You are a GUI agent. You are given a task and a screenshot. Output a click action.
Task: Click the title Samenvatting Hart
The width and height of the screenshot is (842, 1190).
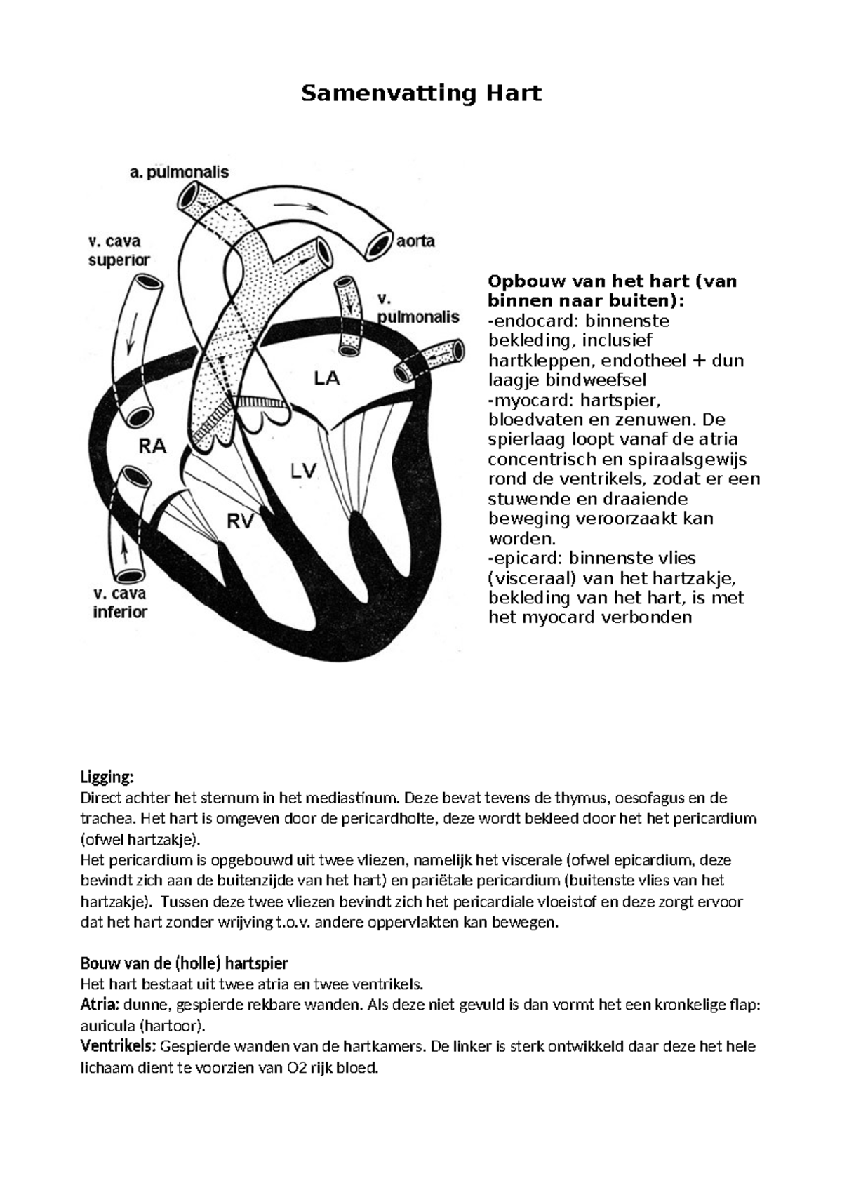pyautogui.click(x=421, y=93)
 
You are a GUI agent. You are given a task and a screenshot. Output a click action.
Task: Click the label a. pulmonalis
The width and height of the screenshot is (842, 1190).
pyautogui.click(x=179, y=172)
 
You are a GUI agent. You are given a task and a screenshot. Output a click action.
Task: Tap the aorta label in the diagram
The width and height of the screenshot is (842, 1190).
pyautogui.click(x=415, y=241)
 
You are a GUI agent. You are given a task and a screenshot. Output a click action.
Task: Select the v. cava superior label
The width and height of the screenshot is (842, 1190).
pyautogui.click(x=119, y=250)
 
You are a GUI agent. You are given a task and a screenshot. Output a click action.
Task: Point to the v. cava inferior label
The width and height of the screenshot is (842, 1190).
pyautogui.click(x=120, y=603)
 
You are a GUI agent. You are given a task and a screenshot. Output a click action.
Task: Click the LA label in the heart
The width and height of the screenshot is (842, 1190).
pyautogui.click(x=326, y=379)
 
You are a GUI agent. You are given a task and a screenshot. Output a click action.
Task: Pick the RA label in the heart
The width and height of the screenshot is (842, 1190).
pyautogui.click(x=152, y=446)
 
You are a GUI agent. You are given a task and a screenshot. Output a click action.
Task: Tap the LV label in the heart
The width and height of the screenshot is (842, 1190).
pyautogui.click(x=305, y=471)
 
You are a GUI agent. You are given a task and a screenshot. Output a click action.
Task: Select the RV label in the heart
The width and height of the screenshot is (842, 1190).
pyautogui.click(x=241, y=521)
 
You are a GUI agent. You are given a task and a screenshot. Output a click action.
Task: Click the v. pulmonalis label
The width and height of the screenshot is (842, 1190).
pyautogui.click(x=418, y=308)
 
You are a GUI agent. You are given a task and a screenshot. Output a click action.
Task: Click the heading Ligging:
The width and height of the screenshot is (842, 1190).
pyautogui.click(x=107, y=777)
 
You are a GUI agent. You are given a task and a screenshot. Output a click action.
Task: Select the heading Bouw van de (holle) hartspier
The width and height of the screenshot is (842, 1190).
pyautogui.click(x=184, y=962)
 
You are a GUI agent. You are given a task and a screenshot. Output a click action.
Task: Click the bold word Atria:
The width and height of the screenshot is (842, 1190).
pyautogui.click(x=100, y=1004)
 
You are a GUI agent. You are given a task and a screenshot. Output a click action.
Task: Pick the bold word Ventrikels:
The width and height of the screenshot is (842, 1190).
pyautogui.click(x=118, y=1046)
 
